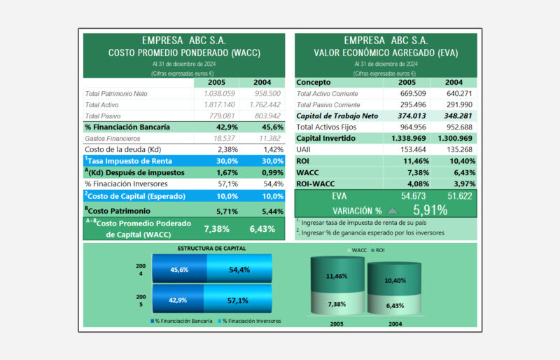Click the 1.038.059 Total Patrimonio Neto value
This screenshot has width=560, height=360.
coord(219,94)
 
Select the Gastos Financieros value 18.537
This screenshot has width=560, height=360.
coord(224,139)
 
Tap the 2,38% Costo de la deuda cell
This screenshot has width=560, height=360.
coord(228,149)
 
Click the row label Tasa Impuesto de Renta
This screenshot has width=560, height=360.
coord(128,161)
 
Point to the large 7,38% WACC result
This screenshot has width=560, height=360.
coord(217,229)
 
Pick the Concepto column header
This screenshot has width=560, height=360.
coord(314,82)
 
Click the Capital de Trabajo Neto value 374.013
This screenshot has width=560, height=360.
coord(412,116)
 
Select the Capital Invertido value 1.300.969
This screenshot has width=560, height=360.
coord(455,139)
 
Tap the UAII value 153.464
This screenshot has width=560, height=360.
coord(413,149)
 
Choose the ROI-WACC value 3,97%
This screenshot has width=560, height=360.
coord(462,184)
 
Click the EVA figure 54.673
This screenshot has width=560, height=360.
coord(413,196)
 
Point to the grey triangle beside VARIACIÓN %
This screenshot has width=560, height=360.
coord(392,211)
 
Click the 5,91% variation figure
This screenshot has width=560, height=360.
coord(430,210)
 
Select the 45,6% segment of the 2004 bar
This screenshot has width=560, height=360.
coord(179,269)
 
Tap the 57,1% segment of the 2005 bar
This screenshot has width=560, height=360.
coord(237,300)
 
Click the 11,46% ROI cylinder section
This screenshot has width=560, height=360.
coord(337,275)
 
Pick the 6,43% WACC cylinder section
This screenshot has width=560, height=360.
coord(395,305)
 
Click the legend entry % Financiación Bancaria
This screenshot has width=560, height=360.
coord(181,321)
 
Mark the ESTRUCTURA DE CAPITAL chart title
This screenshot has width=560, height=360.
coord(212,249)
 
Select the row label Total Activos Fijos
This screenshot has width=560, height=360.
coord(326,127)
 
